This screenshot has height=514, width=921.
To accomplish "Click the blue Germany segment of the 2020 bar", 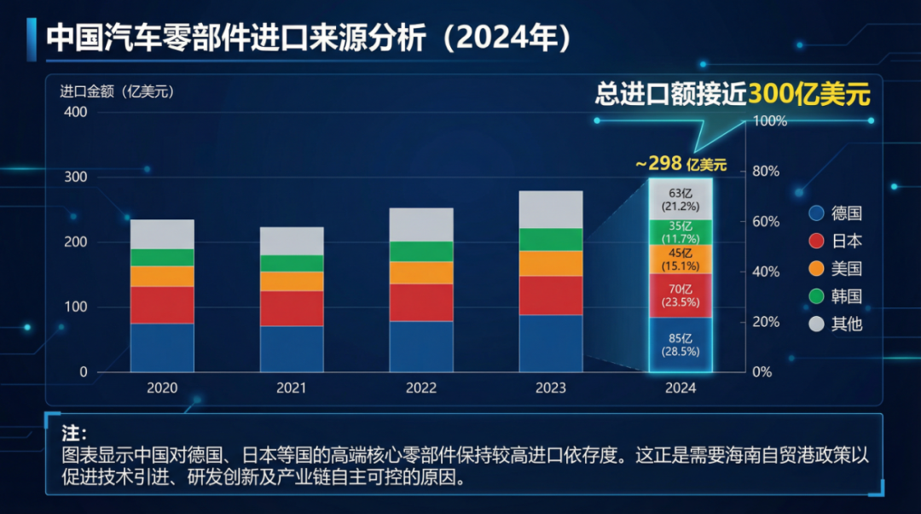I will pos(162,348).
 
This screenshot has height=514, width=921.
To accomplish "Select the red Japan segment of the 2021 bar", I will pos(292,308).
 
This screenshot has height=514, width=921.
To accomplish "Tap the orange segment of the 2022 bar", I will pos(421,272).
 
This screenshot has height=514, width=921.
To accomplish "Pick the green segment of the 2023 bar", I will pos(551,239).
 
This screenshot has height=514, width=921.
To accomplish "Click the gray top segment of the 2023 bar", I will pos(551,209).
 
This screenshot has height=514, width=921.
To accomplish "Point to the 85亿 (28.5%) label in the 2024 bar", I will pos(681,344).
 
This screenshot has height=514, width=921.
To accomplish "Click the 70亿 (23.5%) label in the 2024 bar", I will pos(681,295).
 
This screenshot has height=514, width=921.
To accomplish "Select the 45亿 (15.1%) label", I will pos(681,259).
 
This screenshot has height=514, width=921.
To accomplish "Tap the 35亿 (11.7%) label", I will pos(681,232).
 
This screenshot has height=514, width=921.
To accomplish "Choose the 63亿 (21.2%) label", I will pos(681,199).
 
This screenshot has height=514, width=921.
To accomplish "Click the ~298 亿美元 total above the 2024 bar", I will pos(681,164).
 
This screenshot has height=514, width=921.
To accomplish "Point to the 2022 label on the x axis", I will pos(421,388).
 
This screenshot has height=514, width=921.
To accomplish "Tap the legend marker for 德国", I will pos(816,213).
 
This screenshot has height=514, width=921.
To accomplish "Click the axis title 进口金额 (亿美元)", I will pos(116,92).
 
